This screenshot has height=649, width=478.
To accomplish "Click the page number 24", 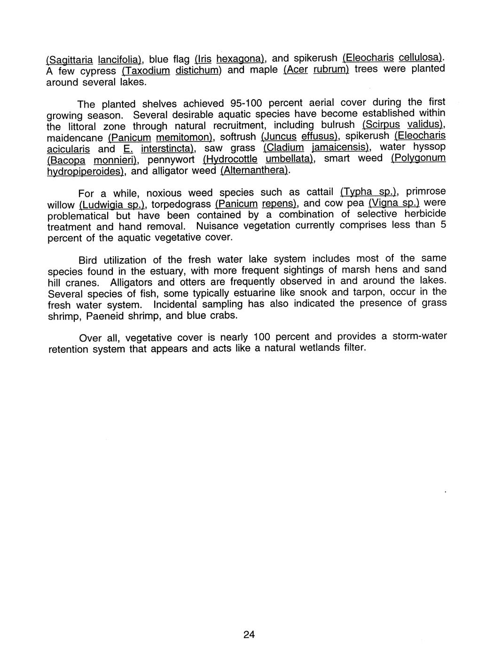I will pyautogui.click(x=249, y=634).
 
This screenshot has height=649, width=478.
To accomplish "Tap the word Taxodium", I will pyautogui.click(x=147, y=71).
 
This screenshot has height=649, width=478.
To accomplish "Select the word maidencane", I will pyautogui.click(x=75, y=138).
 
